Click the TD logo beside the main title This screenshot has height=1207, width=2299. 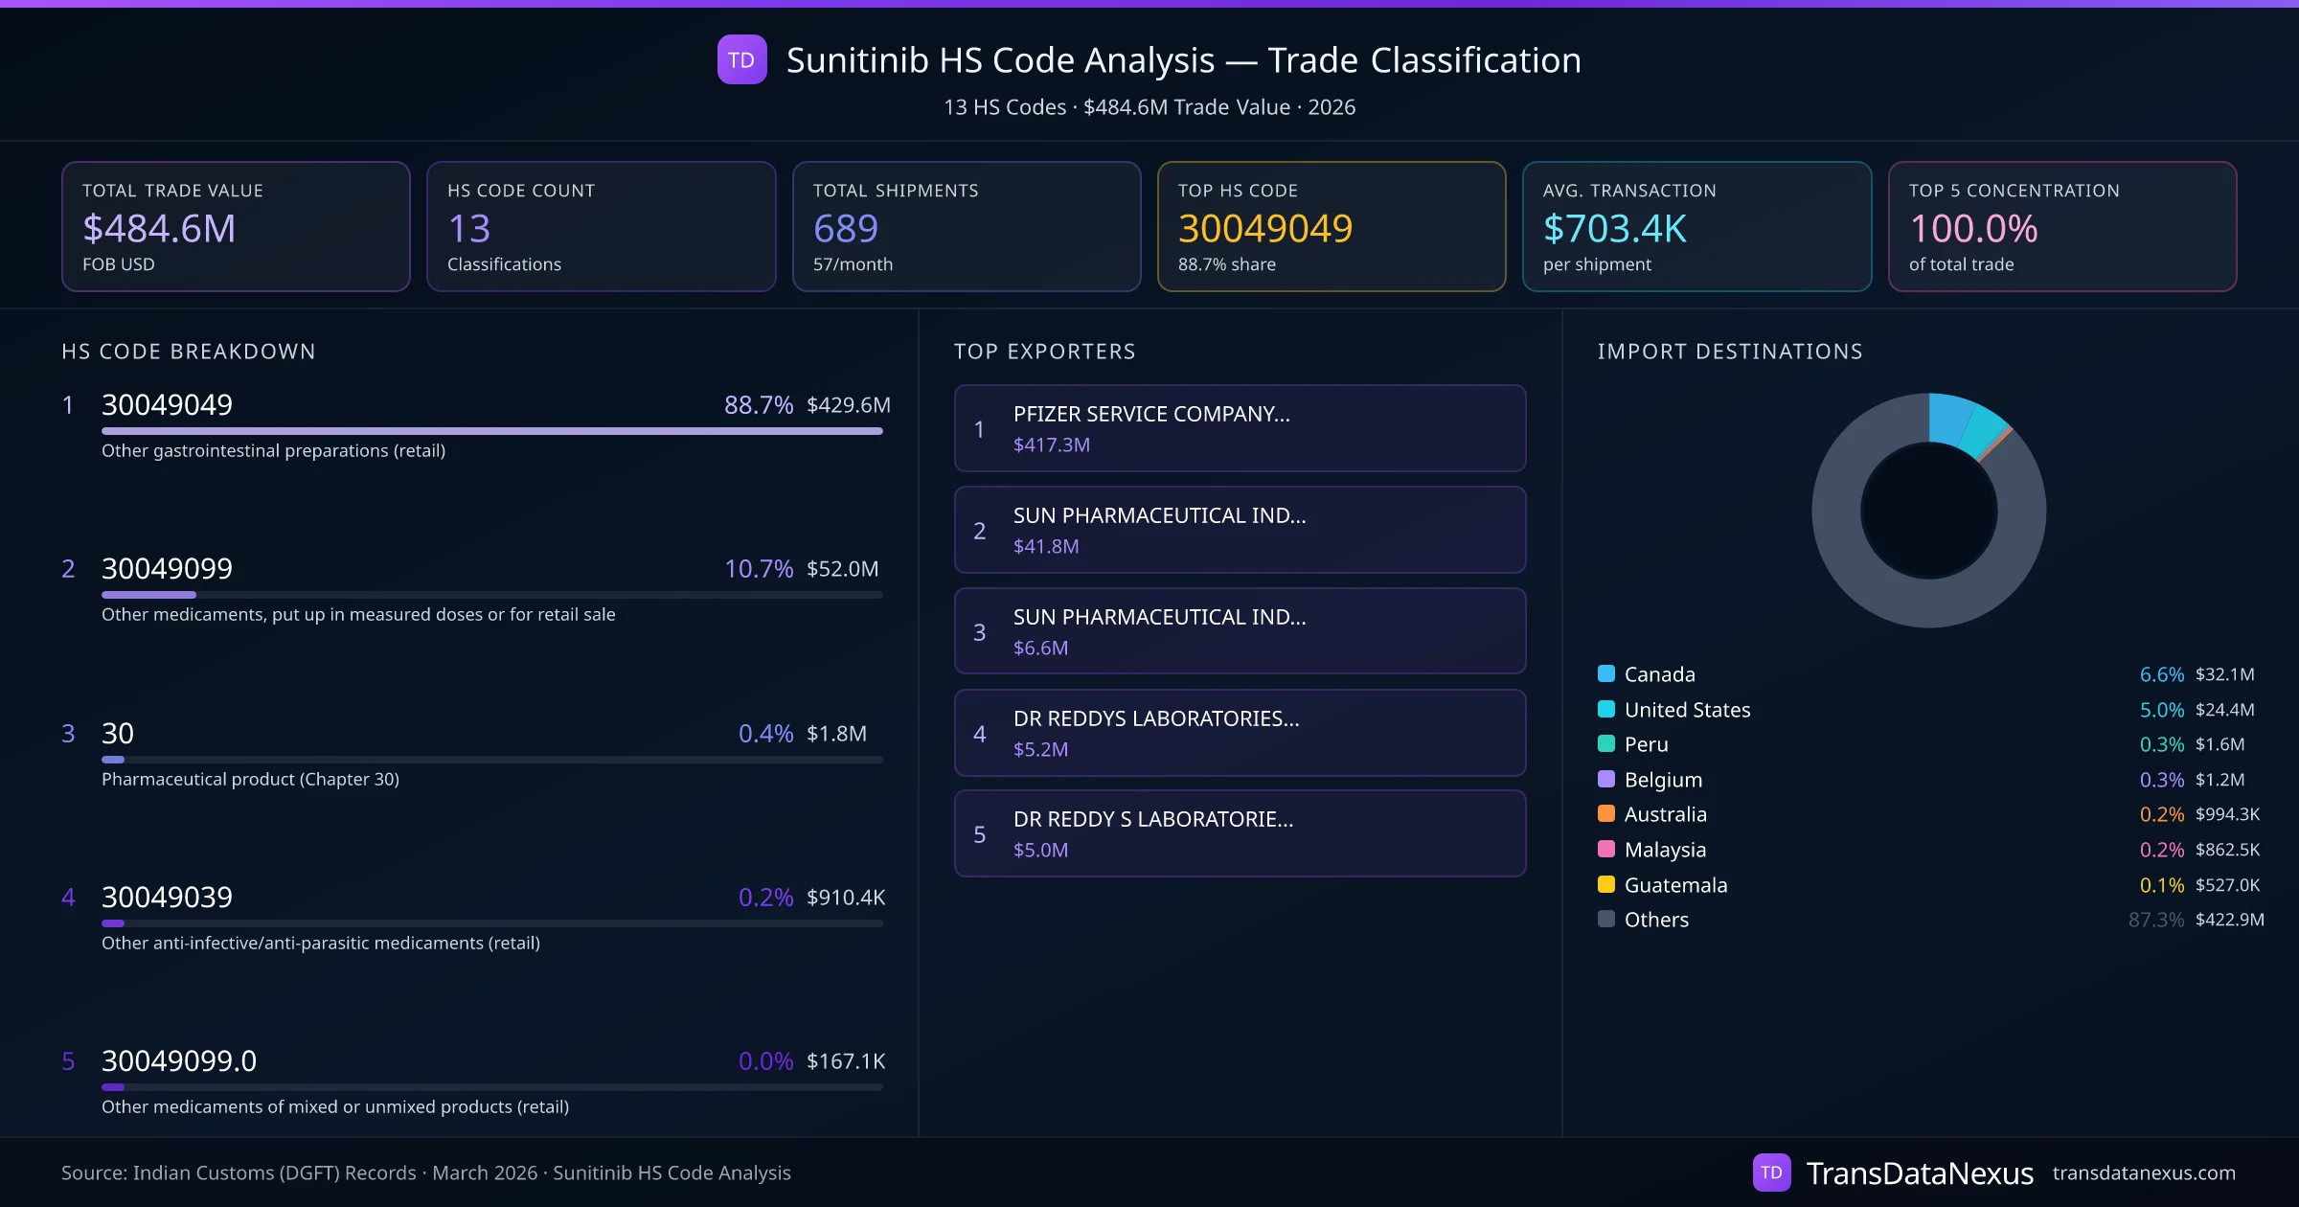pyautogui.click(x=741, y=60)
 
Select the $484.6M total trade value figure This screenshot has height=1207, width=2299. pyautogui.click(x=159, y=229)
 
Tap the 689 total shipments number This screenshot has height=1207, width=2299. pyautogui.click(x=845, y=229)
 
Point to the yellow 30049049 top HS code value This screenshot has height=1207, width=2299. pyautogui.click(x=1264, y=229)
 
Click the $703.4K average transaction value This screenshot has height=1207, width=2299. pyautogui.click(x=1614, y=229)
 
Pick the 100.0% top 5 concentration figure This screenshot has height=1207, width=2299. pyautogui.click(x=1973, y=229)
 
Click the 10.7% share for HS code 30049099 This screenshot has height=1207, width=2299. pyautogui.click(x=758, y=569)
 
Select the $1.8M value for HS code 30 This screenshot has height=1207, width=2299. pyautogui.click(x=836, y=734)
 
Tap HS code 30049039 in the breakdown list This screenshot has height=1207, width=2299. pyautogui.click(x=167, y=898)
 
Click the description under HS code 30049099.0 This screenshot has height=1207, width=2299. pyautogui.click(x=335, y=1107)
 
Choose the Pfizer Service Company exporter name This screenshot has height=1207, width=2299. pyautogui.click(x=1151, y=414)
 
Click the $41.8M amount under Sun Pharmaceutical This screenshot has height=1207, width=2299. pyautogui.click(x=1046, y=547)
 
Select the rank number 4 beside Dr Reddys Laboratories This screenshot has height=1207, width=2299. pyautogui.click(x=979, y=734)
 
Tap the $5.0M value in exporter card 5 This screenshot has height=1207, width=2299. pyautogui.click(x=1040, y=851)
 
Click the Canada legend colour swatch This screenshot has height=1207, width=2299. pyautogui.click(x=1606, y=674)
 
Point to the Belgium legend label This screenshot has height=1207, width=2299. pyautogui.click(x=1663, y=780)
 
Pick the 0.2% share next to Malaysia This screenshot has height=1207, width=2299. pyautogui.click(x=2161, y=850)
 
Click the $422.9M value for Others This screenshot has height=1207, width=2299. pyautogui.click(x=2229, y=920)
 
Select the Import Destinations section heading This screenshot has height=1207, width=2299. pyautogui.click(x=1730, y=352)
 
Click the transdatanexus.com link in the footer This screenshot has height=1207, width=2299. pyautogui.click(x=2144, y=1173)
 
